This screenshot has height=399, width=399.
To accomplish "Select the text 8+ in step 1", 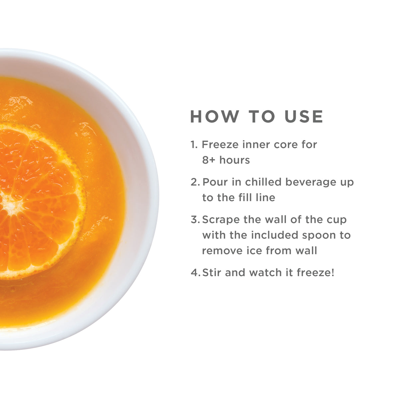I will click(209, 160).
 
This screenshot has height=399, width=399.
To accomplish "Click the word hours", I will click(235, 160).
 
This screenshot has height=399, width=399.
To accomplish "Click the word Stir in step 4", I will click(212, 273).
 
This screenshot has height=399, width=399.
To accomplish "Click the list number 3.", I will click(194, 220).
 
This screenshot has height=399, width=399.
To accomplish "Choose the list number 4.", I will click(194, 273).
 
